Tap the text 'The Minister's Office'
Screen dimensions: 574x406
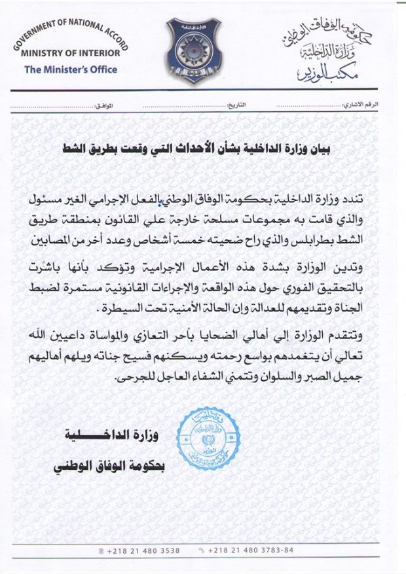pos(71,69)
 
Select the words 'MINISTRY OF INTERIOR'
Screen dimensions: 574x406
pos(71,53)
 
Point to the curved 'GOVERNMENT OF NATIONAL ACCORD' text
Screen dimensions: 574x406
pos(66,32)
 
